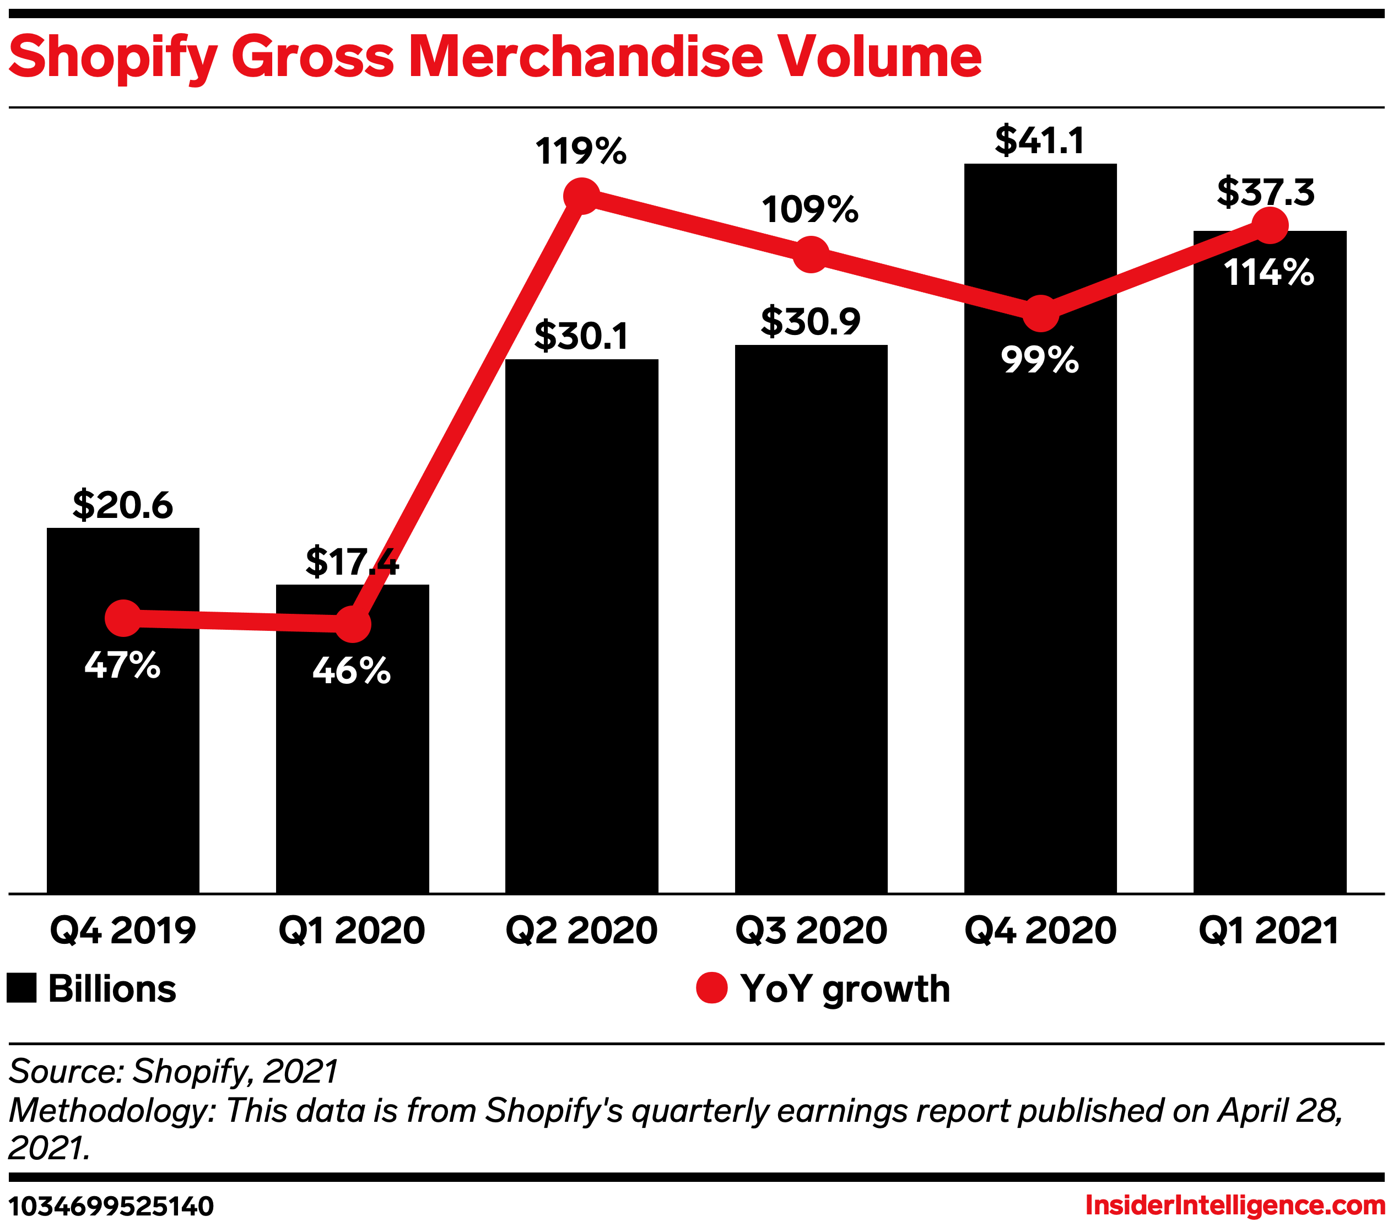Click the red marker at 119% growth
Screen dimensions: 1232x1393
point(581,196)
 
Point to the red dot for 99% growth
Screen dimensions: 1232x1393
point(1041,314)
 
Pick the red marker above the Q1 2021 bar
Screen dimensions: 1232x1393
point(1270,225)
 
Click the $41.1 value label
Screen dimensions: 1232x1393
point(1039,141)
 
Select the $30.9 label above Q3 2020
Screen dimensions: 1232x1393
point(811,322)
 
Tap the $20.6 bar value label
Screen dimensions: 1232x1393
point(123,505)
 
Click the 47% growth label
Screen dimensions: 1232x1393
point(123,665)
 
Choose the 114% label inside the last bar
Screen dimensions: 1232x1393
point(1269,273)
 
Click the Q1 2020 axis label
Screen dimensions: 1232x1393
point(352,931)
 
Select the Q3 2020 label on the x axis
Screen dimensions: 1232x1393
point(811,931)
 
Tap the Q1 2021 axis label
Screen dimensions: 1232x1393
point(1269,931)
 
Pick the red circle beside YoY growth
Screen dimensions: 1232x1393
point(711,988)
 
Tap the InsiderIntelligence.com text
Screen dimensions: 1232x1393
point(1235,1206)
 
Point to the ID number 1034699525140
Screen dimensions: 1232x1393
point(111,1206)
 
